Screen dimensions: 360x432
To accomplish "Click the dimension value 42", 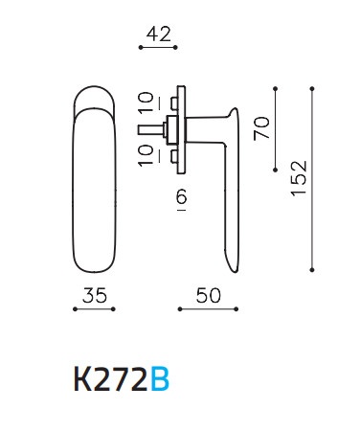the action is tap(159, 34).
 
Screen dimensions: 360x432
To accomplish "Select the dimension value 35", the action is tap(95, 295).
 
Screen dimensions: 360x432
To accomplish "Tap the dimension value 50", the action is tap(209, 295).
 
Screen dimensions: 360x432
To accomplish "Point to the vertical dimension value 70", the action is tap(261, 128).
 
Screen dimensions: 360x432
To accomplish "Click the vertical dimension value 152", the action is tap(299, 178).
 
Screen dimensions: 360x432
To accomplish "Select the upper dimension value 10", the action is tap(146, 102).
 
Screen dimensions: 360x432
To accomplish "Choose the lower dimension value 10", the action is tap(146, 155).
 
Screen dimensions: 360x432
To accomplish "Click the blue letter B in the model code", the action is tap(160, 379).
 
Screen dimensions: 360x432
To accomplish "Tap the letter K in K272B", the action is tap(83, 379).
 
